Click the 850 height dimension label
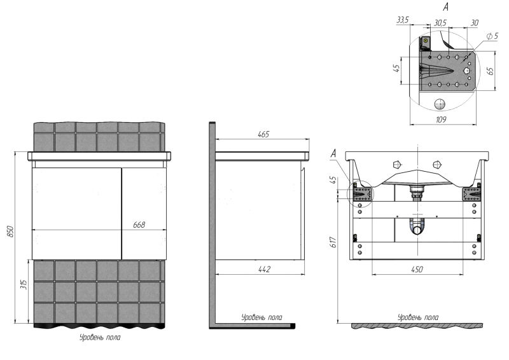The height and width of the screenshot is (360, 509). [x=11, y=231]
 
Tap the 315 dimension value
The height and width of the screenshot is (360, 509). [x=24, y=285]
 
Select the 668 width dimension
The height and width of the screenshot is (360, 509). [x=139, y=225]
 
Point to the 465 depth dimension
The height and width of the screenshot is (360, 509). [x=263, y=134]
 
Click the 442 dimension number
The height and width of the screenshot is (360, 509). [x=264, y=269]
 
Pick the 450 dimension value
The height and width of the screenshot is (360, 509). [x=417, y=269]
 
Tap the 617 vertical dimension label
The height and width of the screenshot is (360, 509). [x=333, y=242]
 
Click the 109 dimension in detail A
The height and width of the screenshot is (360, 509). [x=440, y=120]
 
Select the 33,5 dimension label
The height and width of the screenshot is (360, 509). [x=403, y=20]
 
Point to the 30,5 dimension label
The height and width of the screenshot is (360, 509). [x=440, y=23]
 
